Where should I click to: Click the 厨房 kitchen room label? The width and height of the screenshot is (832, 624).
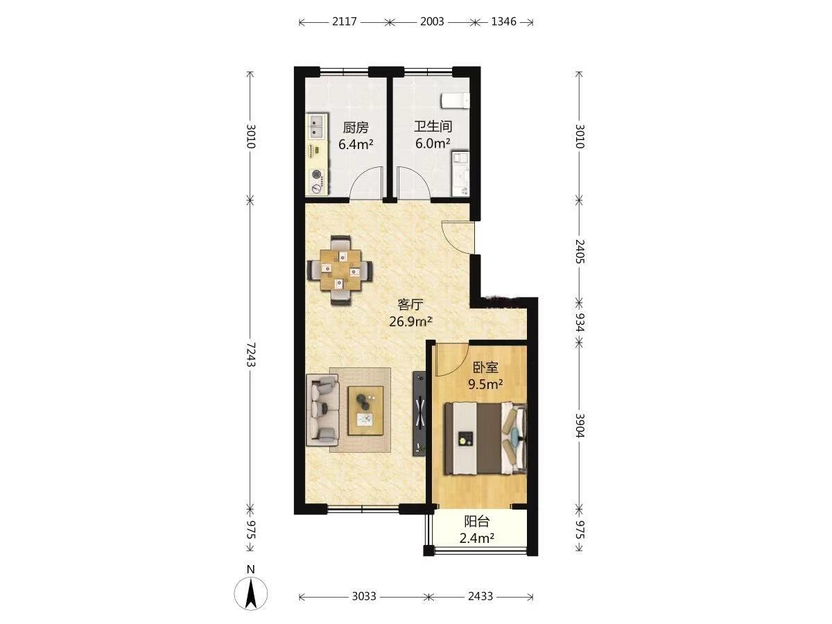coord(356,128)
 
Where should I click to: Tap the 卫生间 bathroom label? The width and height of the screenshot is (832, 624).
coord(433,126)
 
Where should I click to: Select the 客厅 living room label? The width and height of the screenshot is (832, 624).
coord(410,304)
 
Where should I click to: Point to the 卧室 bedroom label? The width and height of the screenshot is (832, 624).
coord(485,367)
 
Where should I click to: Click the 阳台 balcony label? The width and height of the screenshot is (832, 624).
coord(477,521)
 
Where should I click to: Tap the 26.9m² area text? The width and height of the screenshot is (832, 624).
coord(411,322)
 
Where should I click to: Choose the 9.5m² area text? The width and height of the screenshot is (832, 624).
coord(485,385)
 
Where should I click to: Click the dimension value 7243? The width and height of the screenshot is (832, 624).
coord(250,354)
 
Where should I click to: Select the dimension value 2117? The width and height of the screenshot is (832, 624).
coord(345,21)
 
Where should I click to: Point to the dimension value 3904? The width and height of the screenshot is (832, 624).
coord(580,425)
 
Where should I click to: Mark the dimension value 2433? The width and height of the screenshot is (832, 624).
coord(480,596)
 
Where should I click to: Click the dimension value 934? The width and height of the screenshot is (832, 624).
coord(580,322)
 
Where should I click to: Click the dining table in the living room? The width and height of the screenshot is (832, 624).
coord(340,270)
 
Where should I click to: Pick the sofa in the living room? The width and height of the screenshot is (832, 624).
coord(322,410)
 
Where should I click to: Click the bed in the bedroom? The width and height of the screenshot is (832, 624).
coord(485,438)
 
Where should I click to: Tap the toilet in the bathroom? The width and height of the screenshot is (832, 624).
coord(455,101)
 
